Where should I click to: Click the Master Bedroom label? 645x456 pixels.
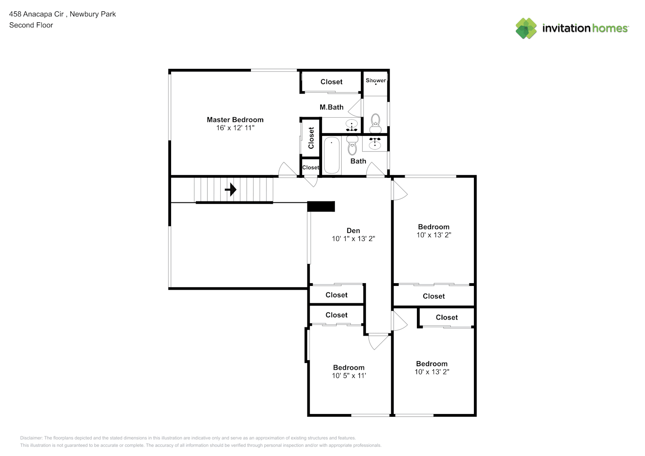tap(235, 120)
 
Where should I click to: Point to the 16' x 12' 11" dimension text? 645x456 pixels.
tap(235, 128)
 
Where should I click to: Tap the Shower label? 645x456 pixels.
tap(375, 80)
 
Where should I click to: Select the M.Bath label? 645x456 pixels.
tap(331, 107)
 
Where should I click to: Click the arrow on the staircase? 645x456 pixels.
tap(231, 189)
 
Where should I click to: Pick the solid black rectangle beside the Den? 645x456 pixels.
tap(321, 207)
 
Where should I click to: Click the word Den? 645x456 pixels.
tap(353, 231)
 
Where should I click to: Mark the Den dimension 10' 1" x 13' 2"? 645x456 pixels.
tap(353, 239)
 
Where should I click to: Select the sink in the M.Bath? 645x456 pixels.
tap(351, 125)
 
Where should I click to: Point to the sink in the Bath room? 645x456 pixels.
tap(375, 144)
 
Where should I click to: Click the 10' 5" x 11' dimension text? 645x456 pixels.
tap(349, 376)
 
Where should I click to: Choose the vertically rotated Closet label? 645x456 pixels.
tap(311, 138)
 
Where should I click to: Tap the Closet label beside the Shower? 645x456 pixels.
tap(331, 82)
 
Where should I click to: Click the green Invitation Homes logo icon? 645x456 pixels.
tap(526, 28)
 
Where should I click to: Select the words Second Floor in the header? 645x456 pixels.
tap(31, 25)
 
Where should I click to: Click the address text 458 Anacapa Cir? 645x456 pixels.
tap(36, 14)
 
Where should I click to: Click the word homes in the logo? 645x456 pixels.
tap(610, 28)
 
